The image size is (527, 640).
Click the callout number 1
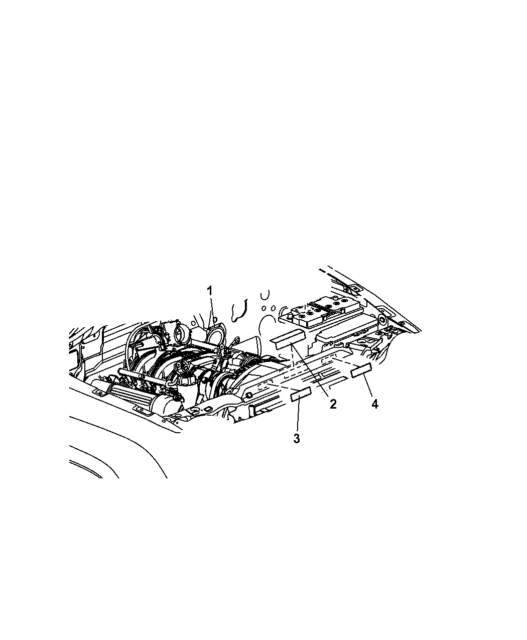tap(210, 291)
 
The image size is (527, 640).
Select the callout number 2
tap(333, 404)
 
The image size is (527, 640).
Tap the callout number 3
tap(296, 439)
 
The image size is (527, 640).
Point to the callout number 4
tap(374, 404)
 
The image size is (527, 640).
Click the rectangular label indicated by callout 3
tap(301, 394)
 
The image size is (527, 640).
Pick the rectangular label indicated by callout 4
tap(361, 370)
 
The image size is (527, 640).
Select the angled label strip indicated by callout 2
tap(288, 339)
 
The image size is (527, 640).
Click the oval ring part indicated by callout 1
tap(216, 336)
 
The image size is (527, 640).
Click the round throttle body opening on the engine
tap(179, 331)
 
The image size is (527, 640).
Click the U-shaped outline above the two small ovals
tap(265, 295)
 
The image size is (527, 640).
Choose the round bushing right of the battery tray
tap(382, 320)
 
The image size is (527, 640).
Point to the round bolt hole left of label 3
tap(248, 394)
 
